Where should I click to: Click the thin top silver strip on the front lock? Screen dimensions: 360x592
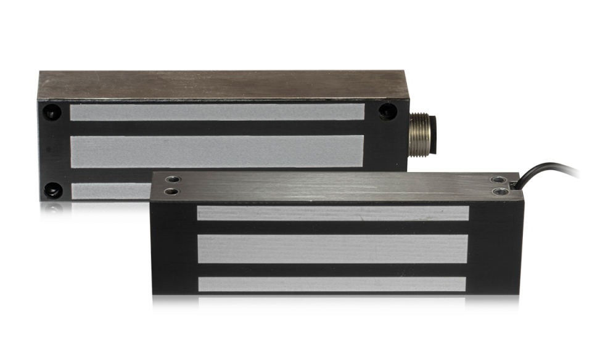pos(333,213)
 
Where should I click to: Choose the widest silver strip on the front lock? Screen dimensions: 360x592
pos(333,249)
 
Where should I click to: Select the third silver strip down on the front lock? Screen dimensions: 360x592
pos(333,284)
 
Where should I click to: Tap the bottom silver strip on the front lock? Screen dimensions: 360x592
pos(333,305)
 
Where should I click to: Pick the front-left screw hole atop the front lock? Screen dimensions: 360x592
pos(171,192)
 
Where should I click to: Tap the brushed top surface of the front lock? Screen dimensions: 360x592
pos(333,185)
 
